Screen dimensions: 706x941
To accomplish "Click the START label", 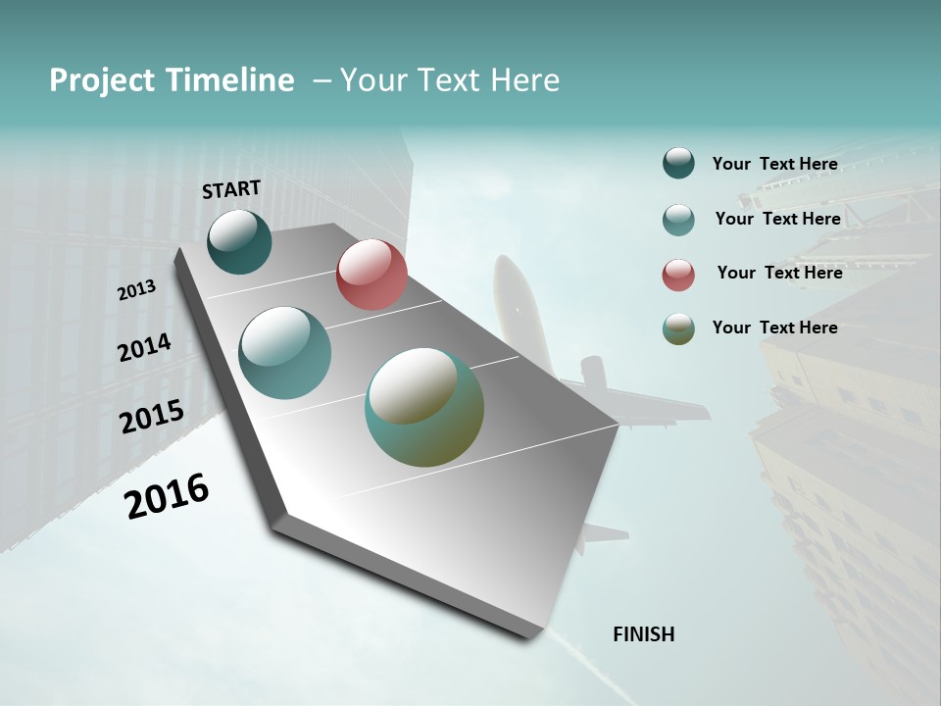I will coord(231,189).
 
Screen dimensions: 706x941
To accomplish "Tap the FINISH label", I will coord(644,634).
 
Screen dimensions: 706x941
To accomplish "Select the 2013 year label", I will coord(137,290).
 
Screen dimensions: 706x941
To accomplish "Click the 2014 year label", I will coord(145,348).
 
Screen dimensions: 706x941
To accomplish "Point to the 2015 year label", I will coord(152,417).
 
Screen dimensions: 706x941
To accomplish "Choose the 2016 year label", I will coord(167,496).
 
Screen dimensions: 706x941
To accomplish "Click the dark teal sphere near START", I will coord(240,241).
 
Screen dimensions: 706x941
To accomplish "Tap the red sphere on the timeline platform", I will coord(371,275).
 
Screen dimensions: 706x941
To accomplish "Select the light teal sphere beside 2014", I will coord(285,353).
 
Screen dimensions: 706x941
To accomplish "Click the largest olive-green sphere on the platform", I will coord(424,407).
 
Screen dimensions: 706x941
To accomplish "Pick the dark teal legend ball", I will coord(678,164).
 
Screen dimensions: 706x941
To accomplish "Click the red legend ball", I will coord(678,274).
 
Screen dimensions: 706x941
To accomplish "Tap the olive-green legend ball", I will coord(678,328).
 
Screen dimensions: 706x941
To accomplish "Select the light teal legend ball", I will coord(678,219).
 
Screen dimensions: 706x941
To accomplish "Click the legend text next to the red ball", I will coord(779,273).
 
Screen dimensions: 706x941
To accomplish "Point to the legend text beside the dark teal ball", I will coord(774,164).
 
